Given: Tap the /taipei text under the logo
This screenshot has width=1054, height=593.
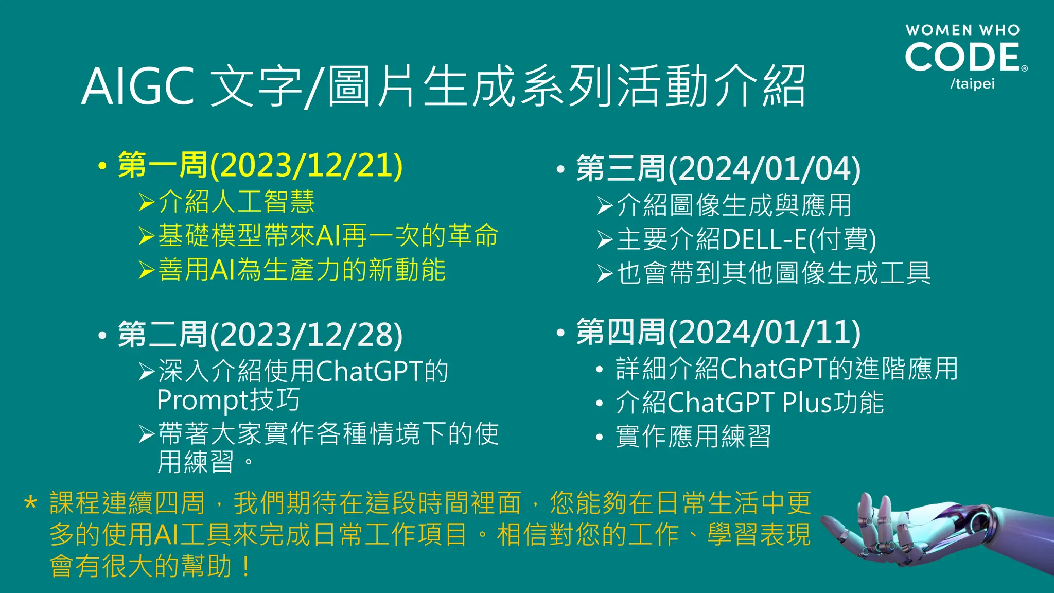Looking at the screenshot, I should (x=972, y=84).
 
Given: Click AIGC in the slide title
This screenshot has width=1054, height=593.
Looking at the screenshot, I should (x=137, y=86).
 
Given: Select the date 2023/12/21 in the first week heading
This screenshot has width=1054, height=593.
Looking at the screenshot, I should (x=307, y=166).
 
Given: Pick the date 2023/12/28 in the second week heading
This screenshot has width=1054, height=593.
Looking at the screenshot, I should (x=307, y=335).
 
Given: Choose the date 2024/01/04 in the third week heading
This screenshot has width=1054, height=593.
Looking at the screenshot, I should (x=764, y=169).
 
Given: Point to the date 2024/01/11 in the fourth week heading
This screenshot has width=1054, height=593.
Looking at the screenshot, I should (x=764, y=333).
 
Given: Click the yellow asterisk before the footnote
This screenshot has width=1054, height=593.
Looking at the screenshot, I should (x=31, y=503).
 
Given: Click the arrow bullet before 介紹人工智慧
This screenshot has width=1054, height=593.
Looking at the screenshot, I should (x=147, y=202).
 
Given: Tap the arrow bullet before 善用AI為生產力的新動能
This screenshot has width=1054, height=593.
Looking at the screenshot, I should (x=147, y=270).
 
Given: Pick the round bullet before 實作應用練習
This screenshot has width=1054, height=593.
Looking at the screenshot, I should (x=599, y=438).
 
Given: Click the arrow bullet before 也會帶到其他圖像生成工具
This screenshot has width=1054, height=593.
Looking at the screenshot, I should (x=605, y=273).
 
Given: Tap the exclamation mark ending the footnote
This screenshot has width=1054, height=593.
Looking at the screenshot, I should (x=246, y=567).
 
